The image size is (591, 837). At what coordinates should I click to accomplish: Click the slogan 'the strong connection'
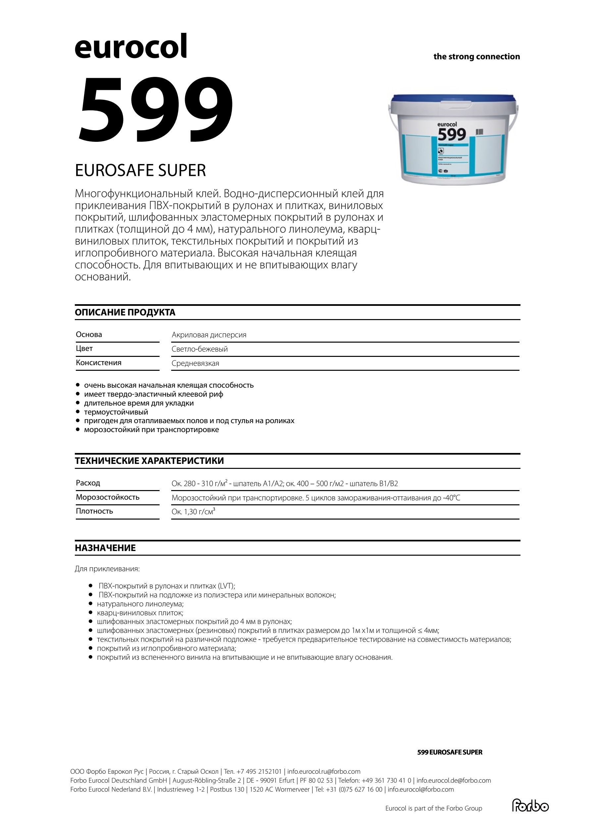(476, 57)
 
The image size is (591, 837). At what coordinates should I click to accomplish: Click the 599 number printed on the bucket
(452, 135)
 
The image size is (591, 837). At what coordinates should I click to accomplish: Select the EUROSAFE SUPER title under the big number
(140, 171)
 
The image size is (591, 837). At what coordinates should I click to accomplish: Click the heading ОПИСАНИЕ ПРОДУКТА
(125, 312)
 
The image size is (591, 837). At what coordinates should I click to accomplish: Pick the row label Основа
(89, 335)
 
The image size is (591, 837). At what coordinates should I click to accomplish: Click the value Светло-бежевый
(200, 349)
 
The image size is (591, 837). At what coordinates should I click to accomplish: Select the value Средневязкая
(195, 363)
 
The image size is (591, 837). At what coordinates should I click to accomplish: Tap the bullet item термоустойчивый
(116, 412)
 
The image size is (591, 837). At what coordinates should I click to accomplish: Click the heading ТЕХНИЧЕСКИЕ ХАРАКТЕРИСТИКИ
(149, 461)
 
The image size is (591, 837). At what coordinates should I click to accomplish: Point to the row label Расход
(88, 483)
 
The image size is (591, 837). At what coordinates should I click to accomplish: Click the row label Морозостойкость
(108, 497)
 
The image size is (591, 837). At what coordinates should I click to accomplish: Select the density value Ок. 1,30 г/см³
(193, 512)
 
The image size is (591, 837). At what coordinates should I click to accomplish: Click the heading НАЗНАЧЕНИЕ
(105, 548)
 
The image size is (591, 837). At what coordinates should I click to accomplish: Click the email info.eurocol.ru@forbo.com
(323, 771)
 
